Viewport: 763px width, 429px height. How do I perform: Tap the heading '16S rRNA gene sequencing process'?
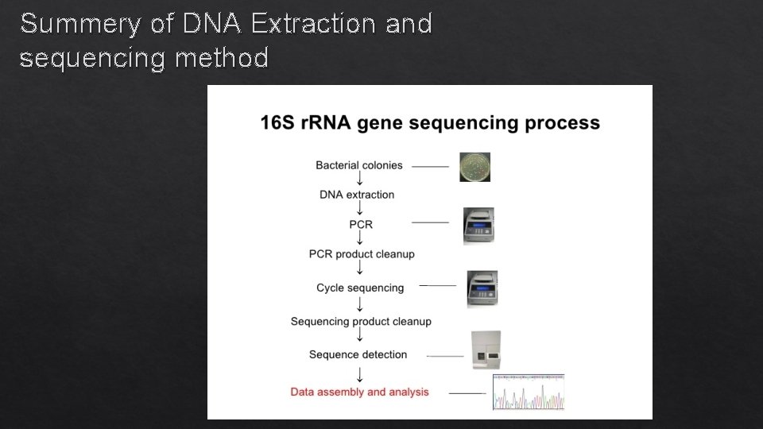430,122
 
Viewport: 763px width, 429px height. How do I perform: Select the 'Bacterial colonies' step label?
359,165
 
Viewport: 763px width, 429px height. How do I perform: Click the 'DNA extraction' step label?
357,195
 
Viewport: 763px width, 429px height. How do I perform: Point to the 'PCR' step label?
361,224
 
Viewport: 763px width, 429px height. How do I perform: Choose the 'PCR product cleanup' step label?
362,254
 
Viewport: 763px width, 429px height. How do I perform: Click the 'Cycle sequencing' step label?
360,288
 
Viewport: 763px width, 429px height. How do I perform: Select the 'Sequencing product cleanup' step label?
361,322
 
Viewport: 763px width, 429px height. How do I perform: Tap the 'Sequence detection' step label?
358,354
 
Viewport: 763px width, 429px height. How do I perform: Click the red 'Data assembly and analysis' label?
359,392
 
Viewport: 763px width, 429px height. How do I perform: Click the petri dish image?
475,167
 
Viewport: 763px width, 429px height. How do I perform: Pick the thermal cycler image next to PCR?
478,226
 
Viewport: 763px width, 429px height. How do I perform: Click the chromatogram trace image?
529,392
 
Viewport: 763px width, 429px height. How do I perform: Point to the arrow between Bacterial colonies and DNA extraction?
360,180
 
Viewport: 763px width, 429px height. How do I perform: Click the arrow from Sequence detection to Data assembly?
360,373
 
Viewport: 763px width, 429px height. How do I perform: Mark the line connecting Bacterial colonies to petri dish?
430,167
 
